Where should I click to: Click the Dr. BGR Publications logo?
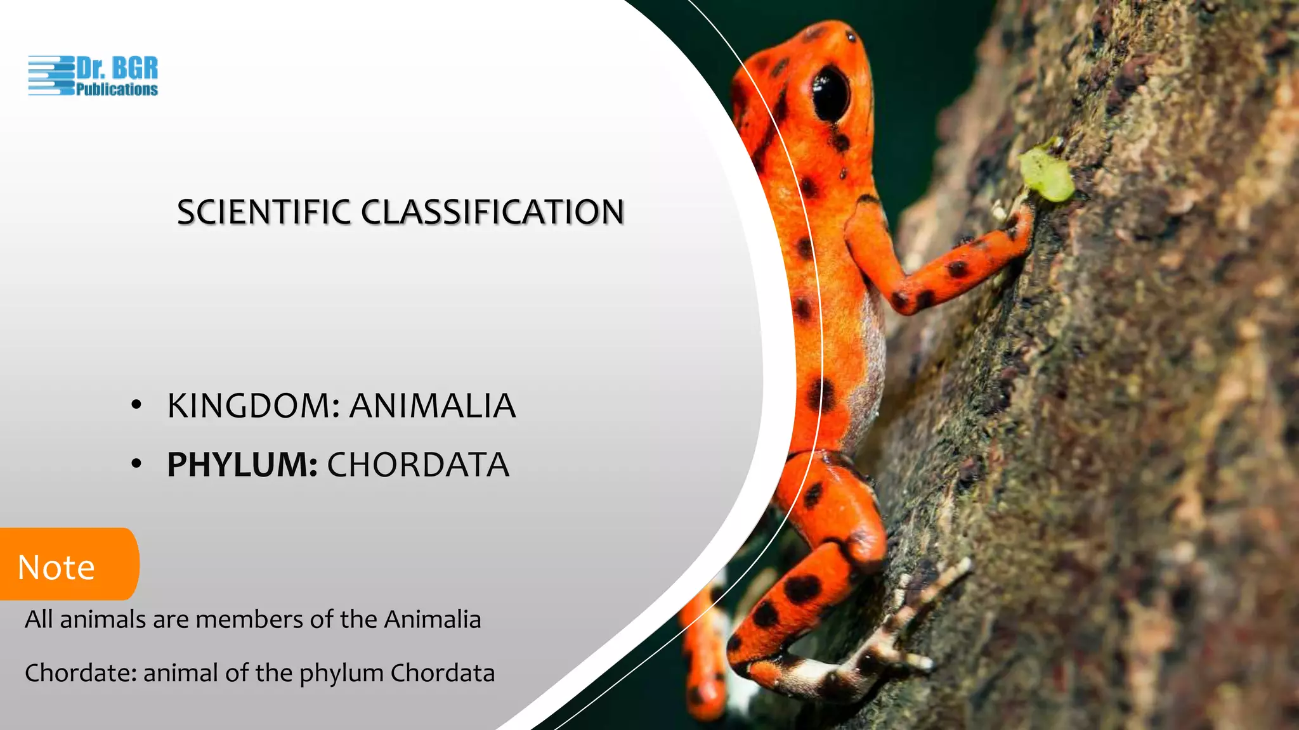pyautogui.click(x=93, y=76)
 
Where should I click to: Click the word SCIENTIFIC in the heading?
pyautogui.click(x=263, y=212)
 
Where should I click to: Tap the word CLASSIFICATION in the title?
pyautogui.click(x=493, y=212)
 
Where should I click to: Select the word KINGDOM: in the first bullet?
pyautogui.click(x=254, y=406)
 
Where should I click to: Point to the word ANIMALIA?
pyautogui.click(x=433, y=406)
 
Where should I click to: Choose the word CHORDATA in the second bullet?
pyautogui.click(x=418, y=465)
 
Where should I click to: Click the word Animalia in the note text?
pyautogui.click(x=433, y=619)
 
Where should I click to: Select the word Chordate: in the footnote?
pyautogui.click(x=81, y=673)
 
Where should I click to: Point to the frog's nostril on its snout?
pyautogui.click(x=851, y=37)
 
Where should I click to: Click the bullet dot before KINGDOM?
pyautogui.click(x=136, y=406)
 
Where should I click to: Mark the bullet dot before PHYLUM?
pyautogui.click(x=136, y=464)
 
